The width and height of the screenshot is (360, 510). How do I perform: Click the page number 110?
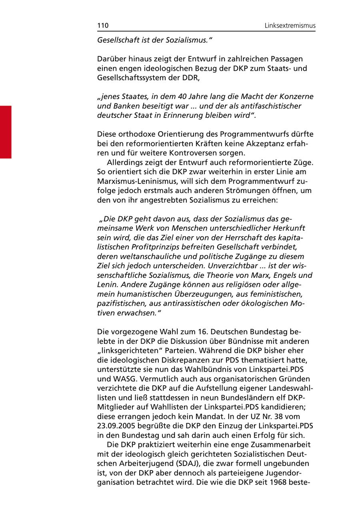pos(103,26)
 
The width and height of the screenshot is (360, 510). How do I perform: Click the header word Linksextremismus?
pos(290,26)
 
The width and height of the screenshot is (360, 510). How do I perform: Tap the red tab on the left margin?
pos(6,132)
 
